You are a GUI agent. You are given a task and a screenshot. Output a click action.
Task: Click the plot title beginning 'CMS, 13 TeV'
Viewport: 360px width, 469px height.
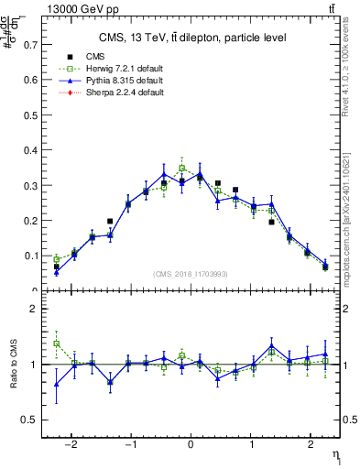pyautogui.click(x=191, y=38)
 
